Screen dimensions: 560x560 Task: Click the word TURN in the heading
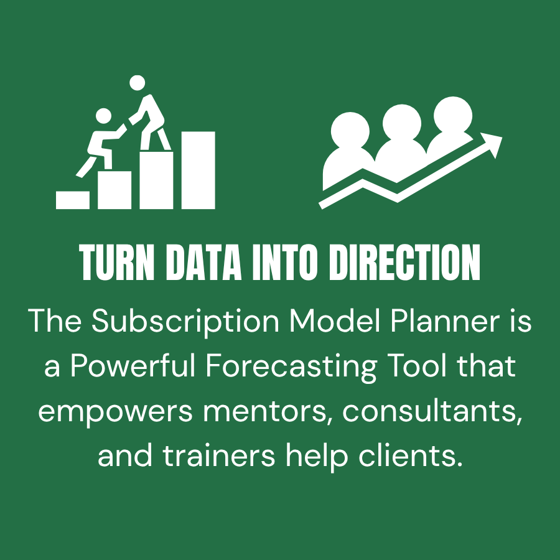[117, 263]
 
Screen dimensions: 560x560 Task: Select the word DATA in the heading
[204, 263]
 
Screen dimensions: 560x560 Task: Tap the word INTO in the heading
[285, 263]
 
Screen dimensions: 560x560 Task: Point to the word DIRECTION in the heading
[404, 263]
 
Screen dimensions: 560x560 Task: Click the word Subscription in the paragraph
[185, 321]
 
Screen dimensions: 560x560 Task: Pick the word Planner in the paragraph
[445, 320]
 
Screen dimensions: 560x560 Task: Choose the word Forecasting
[291, 366]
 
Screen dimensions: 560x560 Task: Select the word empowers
[115, 412]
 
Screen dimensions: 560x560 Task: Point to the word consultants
[432, 411]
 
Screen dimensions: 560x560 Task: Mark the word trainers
[219, 456]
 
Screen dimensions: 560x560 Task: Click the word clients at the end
[411, 456]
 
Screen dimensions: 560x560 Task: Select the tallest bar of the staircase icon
[198, 170]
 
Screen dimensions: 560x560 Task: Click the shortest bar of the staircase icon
[73, 200]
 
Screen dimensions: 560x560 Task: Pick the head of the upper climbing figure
[137, 83]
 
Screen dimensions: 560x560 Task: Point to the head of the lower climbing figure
[103, 116]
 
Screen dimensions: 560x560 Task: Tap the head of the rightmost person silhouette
[453, 115]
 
